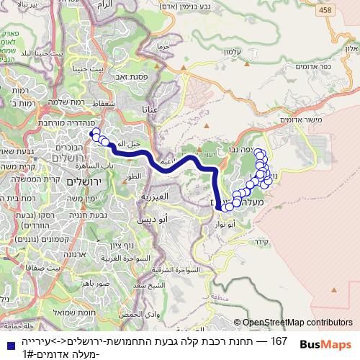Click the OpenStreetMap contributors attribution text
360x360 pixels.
click(x=293, y=323)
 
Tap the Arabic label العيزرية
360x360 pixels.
click(x=153, y=195)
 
